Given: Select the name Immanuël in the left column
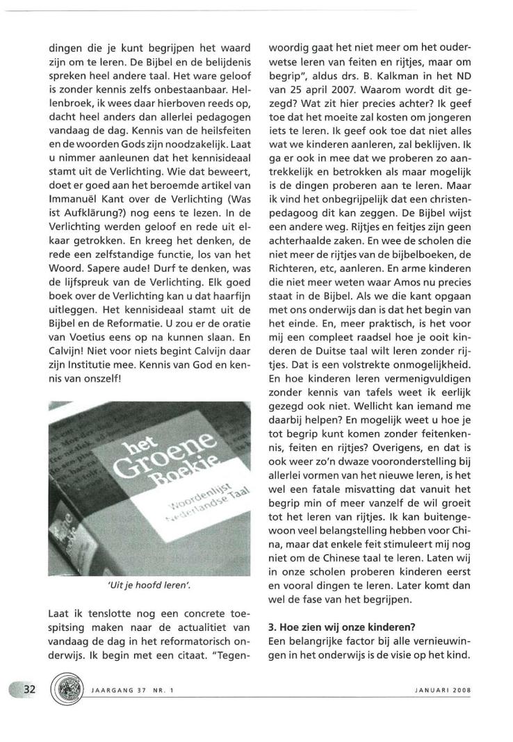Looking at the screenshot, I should click(73, 180).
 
